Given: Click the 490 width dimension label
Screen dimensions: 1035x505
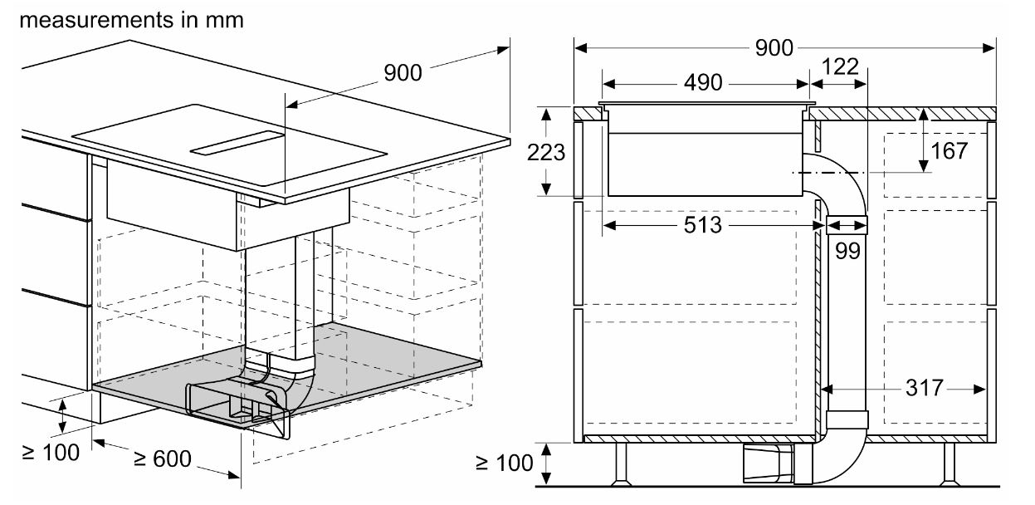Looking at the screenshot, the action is coord(703,82).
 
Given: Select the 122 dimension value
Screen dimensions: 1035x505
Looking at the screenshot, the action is coord(840,66).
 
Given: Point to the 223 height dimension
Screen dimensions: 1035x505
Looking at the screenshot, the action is coord(545,152).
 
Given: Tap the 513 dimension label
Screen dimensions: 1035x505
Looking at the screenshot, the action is coord(702,225).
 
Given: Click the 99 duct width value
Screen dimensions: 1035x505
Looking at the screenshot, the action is coord(847,251).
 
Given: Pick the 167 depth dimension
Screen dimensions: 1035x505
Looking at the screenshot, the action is coord(949,151).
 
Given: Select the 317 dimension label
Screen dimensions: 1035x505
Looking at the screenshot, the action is coord(924,388).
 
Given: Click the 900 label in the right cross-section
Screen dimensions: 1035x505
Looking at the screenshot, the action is coord(774,47).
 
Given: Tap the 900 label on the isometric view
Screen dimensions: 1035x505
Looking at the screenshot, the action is coord(403,72).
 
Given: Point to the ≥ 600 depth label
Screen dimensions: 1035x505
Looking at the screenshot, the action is coord(162,458).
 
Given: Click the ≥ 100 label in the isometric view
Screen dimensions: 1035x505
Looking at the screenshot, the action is coord(51,452).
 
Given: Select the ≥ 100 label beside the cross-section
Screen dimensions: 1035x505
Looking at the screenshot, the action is coord(505,463).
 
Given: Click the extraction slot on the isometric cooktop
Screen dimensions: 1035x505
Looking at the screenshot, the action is coord(237,143).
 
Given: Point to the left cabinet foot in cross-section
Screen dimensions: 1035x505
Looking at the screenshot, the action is coord(621,464).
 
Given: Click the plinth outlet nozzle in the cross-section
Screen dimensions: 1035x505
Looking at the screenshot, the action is coord(769,463).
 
